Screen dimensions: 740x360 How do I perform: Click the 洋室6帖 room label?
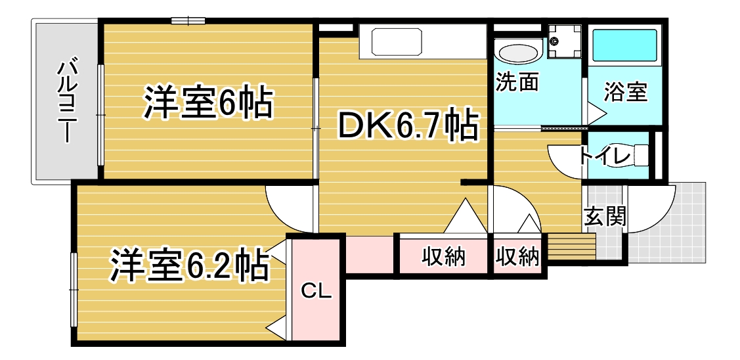[208, 102]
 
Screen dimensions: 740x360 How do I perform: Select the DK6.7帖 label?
[407, 125]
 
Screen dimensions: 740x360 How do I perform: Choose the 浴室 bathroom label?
[625, 93]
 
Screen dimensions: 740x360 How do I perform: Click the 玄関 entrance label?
[605, 217]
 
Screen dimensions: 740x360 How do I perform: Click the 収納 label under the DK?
[444, 257]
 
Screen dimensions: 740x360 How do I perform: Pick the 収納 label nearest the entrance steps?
[517, 257]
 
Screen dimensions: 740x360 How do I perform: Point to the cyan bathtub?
[625, 46]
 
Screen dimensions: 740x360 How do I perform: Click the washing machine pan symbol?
[565, 43]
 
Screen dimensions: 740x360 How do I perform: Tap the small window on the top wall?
[188, 20]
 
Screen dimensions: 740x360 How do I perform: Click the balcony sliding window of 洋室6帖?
[100, 115]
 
